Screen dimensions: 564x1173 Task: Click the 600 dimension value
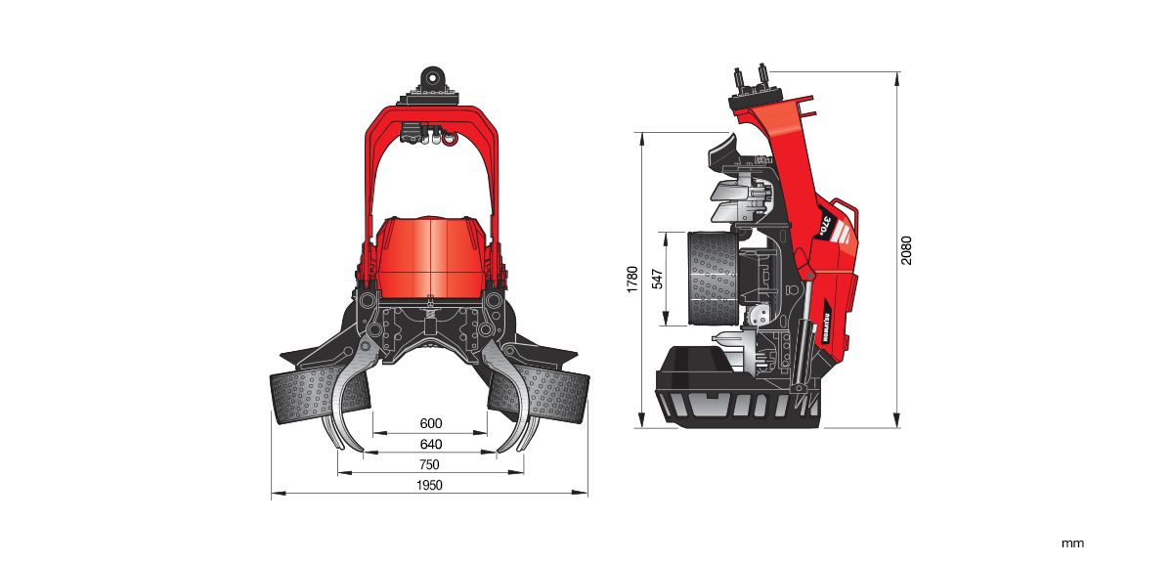pos(430,423)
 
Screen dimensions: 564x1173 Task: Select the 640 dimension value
pos(430,444)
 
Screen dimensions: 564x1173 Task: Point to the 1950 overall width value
pos(429,486)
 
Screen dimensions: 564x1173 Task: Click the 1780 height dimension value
pos(632,280)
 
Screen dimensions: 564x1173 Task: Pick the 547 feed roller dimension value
pos(657,280)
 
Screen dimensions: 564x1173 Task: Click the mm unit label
pos(1073,543)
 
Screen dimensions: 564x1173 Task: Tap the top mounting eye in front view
pos(430,76)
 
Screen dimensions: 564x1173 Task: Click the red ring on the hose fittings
pos(450,139)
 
